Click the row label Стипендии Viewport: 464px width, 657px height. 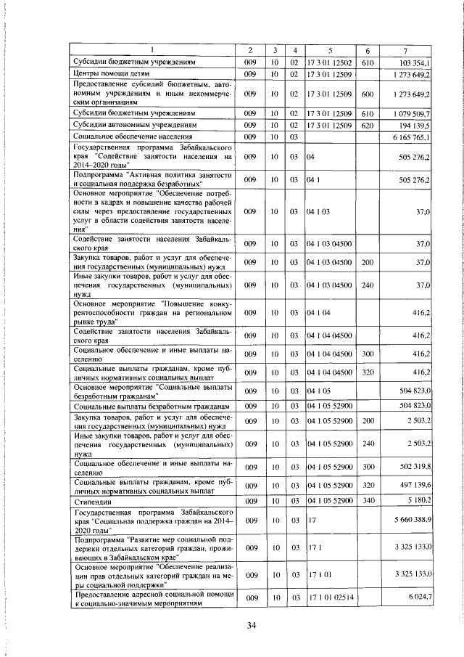pyautogui.click(x=94, y=501)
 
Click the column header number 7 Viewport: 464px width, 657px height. pyautogui.click(x=405, y=50)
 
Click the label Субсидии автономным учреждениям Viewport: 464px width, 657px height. pyautogui.click(x=135, y=125)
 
